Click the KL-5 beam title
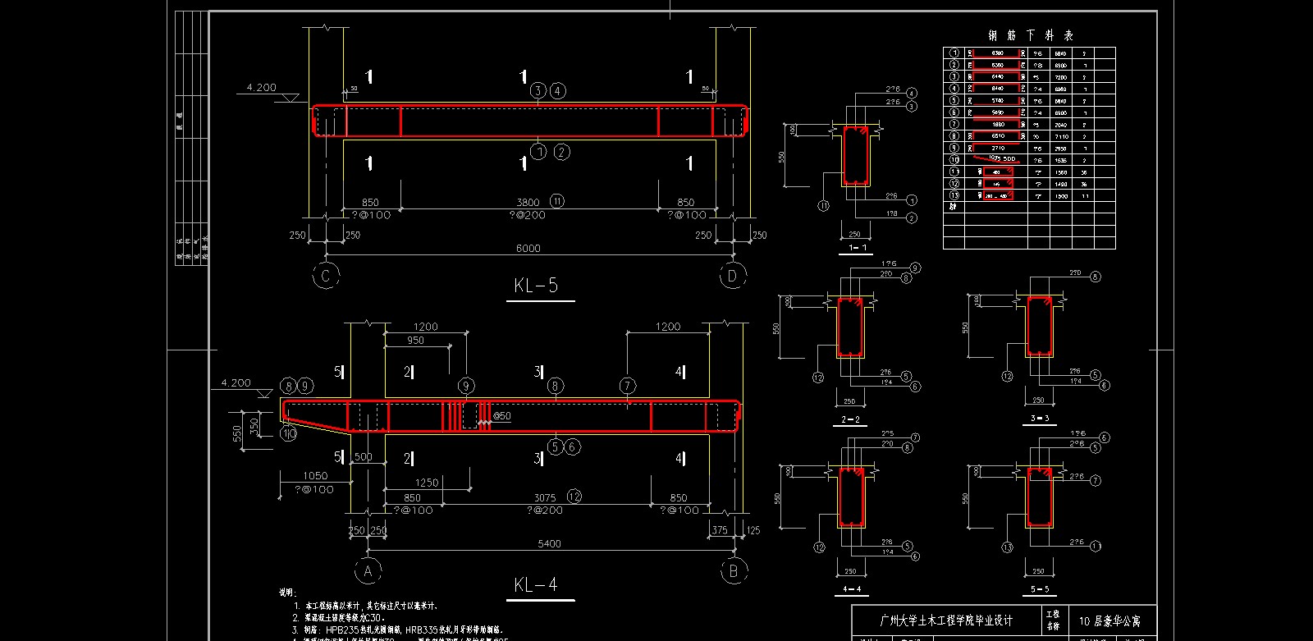pos(536,285)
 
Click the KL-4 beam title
pos(536,584)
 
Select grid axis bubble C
pos(326,276)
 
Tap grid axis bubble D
pos(732,276)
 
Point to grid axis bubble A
pos(368,571)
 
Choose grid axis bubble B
pos(734,571)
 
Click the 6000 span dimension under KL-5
pos(528,248)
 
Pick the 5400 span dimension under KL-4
pos(549,543)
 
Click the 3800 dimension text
pos(528,202)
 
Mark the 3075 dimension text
pos(545,497)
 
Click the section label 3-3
pos(1040,419)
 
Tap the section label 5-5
pos(1040,589)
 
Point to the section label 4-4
pos(852,589)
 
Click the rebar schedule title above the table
pos(1031,35)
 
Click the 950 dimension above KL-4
pos(415,341)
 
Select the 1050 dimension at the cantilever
pos(315,475)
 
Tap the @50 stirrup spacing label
pos(501,416)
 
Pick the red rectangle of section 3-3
pos(1040,327)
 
